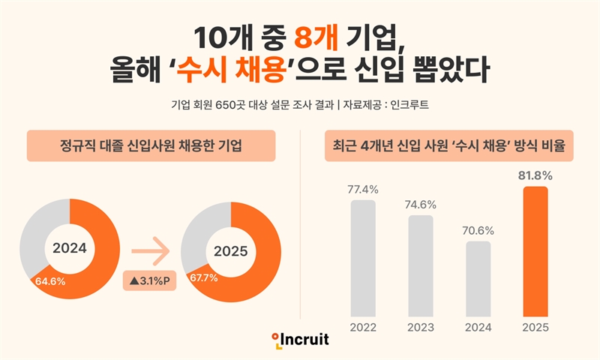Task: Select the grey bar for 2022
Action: (363, 257)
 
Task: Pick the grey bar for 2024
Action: (478, 277)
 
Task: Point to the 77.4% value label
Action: (363, 189)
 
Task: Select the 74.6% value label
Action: (421, 204)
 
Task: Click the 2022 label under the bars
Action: (363, 327)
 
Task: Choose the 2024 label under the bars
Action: (478, 327)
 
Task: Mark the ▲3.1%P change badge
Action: (151, 281)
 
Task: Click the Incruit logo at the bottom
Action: (300, 340)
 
